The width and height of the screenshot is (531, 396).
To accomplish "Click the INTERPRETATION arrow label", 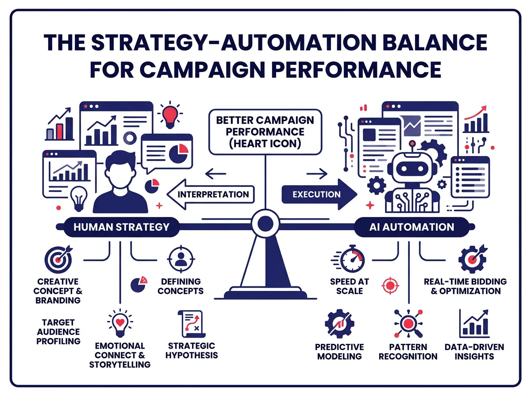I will (x=212, y=194).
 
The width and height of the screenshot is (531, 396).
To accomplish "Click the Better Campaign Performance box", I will (x=265, y=132).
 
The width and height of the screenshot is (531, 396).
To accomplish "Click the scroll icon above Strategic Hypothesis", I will (x=190, y=324).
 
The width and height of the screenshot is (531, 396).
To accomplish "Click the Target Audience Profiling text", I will (x=58, y=331).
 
